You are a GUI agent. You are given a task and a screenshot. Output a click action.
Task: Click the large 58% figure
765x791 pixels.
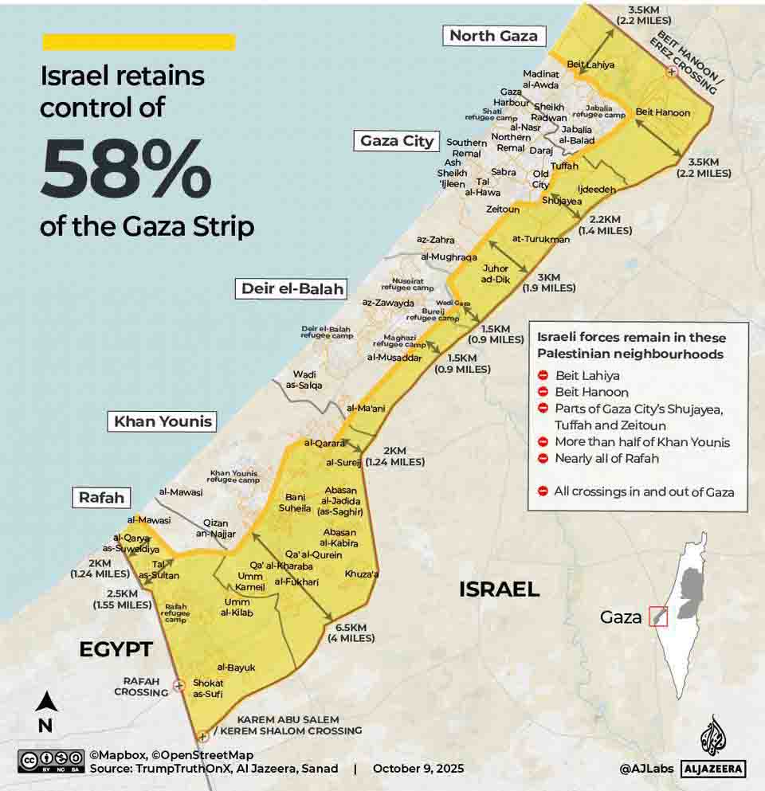tap(126, 170)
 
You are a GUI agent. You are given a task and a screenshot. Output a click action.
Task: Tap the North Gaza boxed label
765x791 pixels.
tap(493, 35)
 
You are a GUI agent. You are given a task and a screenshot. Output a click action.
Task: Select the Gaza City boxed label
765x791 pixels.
tap(397, 141)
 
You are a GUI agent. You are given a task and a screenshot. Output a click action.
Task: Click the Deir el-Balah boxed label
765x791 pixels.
tap(290, 288)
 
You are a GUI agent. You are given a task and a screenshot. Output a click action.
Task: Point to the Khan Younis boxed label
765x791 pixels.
tap(163, 421)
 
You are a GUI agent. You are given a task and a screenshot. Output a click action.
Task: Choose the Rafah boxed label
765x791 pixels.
tap(102, 498)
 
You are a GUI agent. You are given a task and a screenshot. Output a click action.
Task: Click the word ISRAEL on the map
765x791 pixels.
tap(499, 589)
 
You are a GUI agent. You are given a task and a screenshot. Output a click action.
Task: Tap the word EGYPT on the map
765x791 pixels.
tap(116, 649)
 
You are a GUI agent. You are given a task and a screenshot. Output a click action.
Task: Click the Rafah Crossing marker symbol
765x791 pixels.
tap(179, 684)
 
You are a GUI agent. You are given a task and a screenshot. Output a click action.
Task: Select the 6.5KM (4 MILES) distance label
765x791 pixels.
tap(351, 632)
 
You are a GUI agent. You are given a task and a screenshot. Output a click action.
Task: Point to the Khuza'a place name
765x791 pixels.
tap(362, 574)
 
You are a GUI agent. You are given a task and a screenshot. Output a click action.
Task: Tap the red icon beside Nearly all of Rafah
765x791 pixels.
tap(543, 459)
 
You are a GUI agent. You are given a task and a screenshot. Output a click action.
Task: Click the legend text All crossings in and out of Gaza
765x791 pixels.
tap(644, 491)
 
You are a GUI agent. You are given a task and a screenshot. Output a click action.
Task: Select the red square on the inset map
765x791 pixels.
tap(657, 616)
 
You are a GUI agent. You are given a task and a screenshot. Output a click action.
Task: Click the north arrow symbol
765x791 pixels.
tap(45, 703)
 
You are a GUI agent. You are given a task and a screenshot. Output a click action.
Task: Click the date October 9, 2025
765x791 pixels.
tap(418, 769)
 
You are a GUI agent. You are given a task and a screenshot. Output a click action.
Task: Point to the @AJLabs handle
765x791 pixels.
tap(646, 769)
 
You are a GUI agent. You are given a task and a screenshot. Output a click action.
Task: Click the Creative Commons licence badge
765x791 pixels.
tap(51, 761)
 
